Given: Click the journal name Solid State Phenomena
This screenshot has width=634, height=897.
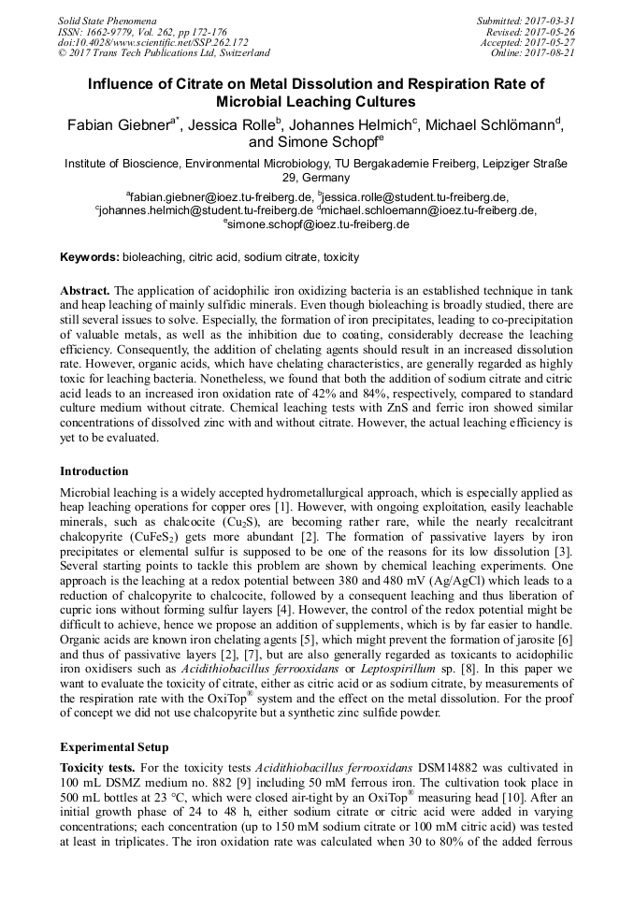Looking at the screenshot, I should [107, 20].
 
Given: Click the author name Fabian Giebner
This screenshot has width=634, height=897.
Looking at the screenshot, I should [113, 125].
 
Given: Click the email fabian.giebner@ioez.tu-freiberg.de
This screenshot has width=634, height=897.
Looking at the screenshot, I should [222, 197].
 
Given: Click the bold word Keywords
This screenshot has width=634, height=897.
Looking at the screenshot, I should [89, 256].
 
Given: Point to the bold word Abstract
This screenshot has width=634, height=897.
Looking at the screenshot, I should [86, 290].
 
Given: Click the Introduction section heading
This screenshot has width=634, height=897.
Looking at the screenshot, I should [94, 470].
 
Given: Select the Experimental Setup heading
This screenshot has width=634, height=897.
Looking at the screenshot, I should [114, 747].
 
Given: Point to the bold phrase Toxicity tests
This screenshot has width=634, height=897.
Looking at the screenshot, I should [97, 767].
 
